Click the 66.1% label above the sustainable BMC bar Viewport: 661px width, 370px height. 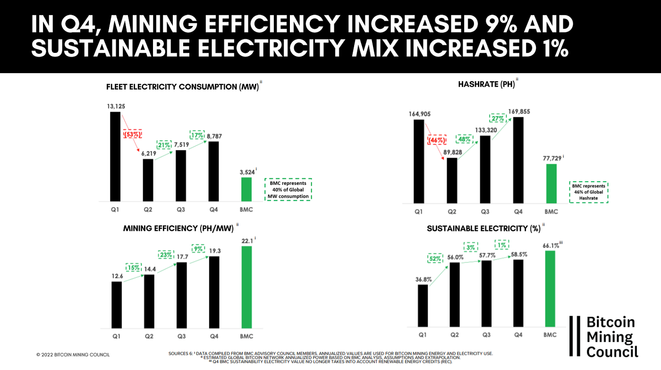point(551,244)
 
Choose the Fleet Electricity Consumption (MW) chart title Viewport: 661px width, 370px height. point(182,87)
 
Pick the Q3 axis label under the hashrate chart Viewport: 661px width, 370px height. point(485,211)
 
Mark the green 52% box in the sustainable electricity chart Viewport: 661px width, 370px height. point(435,258)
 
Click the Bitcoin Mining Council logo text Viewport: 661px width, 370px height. point(611,336)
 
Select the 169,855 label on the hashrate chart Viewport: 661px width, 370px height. point(518,111)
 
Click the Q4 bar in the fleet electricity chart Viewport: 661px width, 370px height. point(214,170)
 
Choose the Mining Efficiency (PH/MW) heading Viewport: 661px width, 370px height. point(178,228)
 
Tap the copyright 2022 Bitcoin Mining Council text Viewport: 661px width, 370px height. point(73,354)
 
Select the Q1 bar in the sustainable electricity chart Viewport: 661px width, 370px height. point(423,305)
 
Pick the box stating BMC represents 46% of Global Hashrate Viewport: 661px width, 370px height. point(588,192)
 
